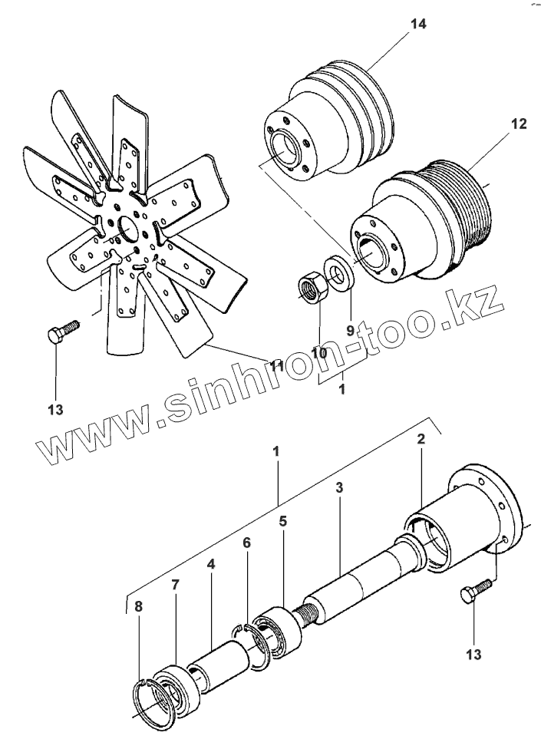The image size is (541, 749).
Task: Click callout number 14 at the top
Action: (417, 24)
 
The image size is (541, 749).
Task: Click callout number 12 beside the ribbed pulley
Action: (519, 123)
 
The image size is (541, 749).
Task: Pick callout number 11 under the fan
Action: (276, 366)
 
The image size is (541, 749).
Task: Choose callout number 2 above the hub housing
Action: (421, 440)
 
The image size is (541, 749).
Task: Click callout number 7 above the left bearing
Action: (175, 585)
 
